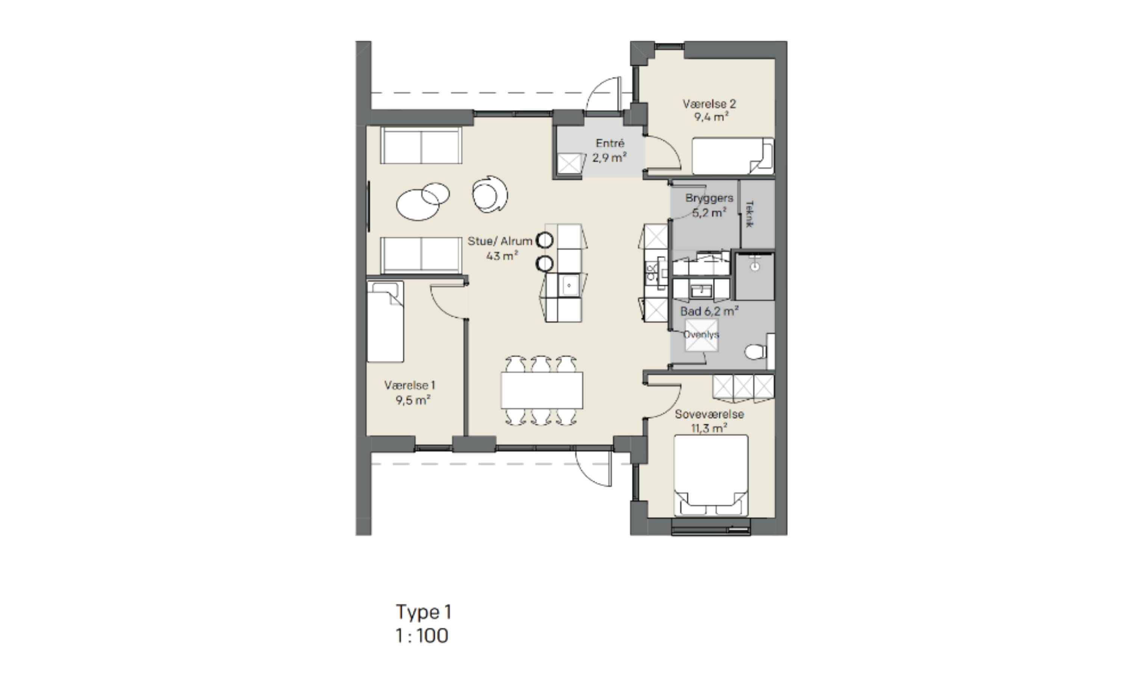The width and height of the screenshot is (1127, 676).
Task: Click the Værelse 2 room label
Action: point(709,104)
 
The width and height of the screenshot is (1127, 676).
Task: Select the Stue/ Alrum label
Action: point(500,241)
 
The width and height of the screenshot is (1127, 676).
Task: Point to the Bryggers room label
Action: point(709,198)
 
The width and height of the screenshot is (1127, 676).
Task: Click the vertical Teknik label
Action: point(750,214)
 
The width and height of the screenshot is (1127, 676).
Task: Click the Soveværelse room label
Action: point(709,415)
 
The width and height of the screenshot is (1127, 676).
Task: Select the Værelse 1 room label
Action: point(409,385)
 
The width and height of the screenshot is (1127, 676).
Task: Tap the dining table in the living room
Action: point(542,390)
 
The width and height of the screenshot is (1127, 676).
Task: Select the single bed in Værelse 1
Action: point(385,321)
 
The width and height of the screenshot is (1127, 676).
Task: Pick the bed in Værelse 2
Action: point(733,156)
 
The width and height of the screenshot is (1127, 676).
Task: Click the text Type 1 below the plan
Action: point(424,612)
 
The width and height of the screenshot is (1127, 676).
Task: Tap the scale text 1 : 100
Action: point(422,636)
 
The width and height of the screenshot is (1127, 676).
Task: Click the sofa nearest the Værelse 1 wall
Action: point(421,255)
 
